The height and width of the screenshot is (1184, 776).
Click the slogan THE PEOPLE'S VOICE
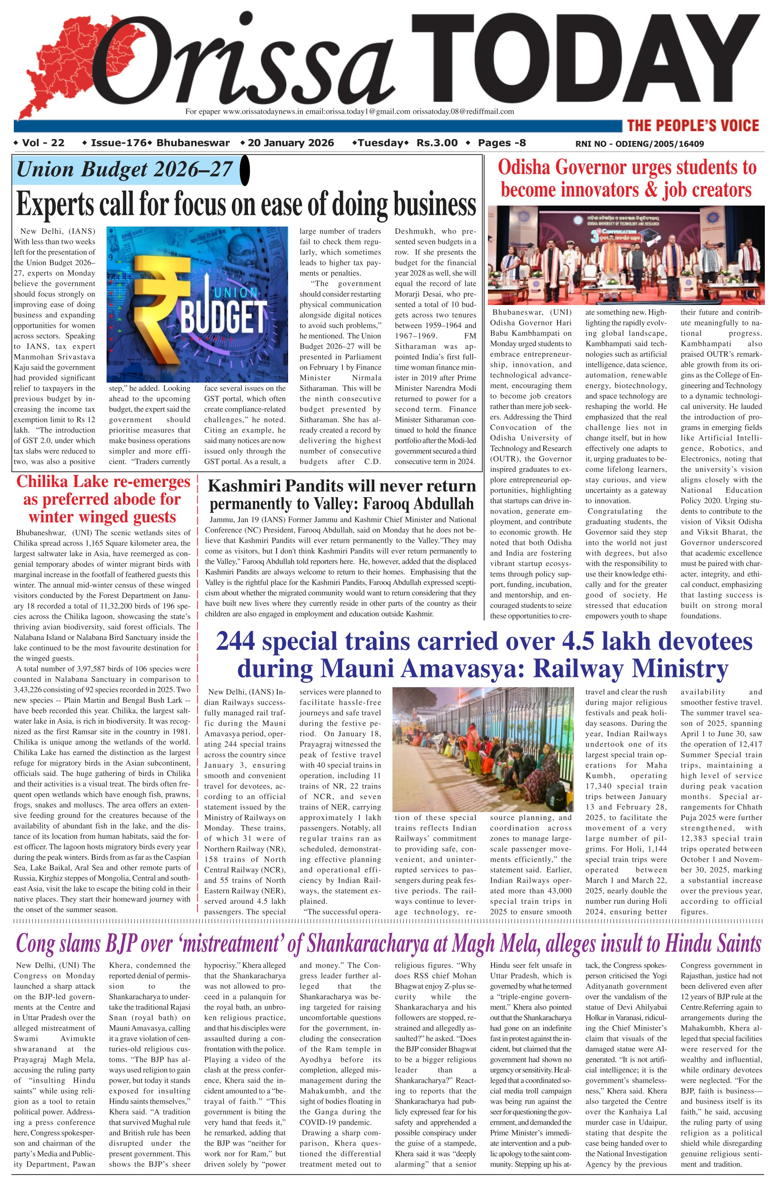[x=693, y=125]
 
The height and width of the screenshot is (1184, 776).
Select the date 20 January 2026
[x=290, y=143]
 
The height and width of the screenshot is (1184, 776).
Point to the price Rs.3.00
[x=437, y=143]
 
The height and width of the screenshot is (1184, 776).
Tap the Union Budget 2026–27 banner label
[x=124, y=169]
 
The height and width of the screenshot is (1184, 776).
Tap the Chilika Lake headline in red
[x=103, y=499]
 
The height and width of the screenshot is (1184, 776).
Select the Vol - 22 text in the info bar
[x=43, y=143]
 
